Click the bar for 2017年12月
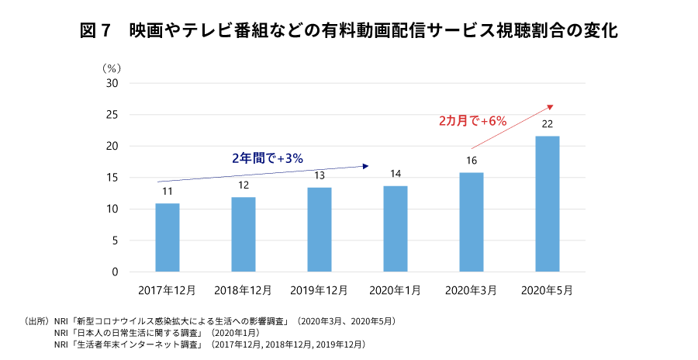pos(168,237)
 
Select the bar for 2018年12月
pos(244,234)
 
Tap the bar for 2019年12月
pos(320,230)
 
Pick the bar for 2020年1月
pos(396,229)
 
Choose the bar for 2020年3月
pos(472,222)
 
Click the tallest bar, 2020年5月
pos(548,204)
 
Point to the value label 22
pos(548,124)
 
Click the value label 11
pos(168,192)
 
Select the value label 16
pos(472,161)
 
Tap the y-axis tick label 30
pos(112,83)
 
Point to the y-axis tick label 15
pos(112,178)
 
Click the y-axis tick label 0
pos(115,272)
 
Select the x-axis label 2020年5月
pos(548,291)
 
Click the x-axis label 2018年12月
pos(244,291)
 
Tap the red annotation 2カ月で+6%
pos(472,120)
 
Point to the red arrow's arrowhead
pos(550,106)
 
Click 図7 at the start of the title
pos(98,32)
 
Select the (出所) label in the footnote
pos(38,320)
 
